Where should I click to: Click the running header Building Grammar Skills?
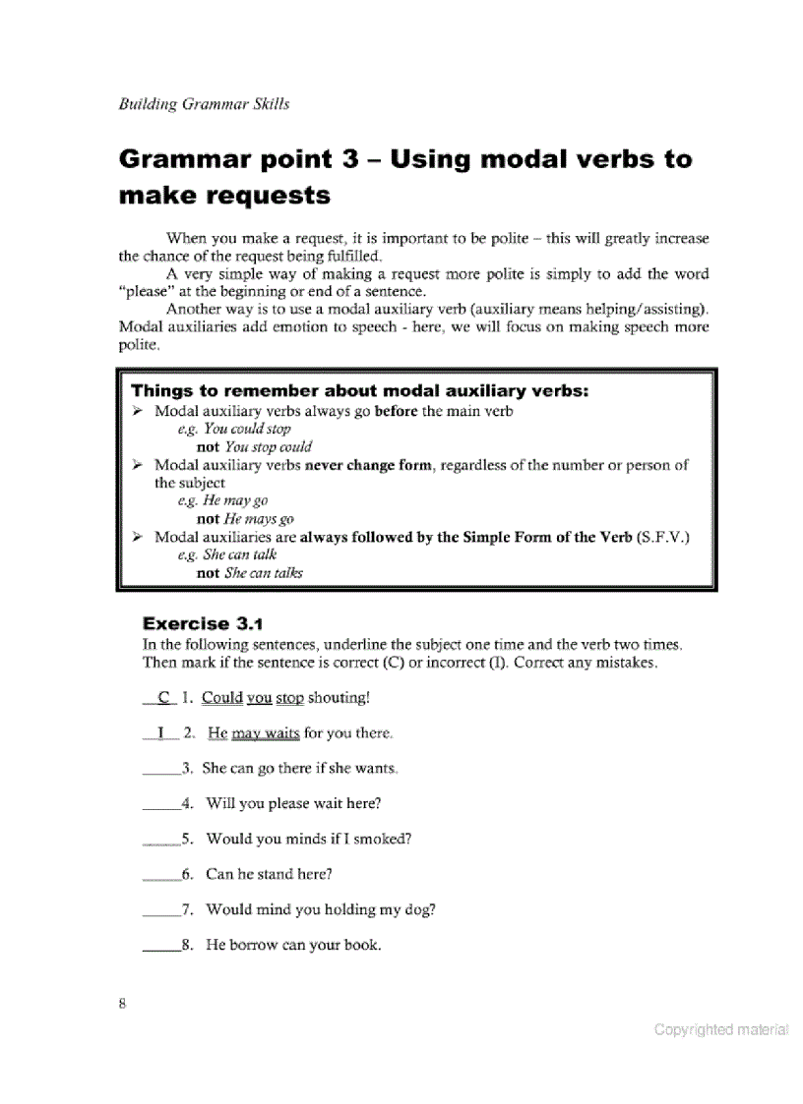[x=204, y=104]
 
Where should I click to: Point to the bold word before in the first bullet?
[x=397, y=411]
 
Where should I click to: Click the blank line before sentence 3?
[x=161, y=769]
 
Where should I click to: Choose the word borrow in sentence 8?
[x=253, y=945]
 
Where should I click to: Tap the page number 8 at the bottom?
[x=122, y=1004]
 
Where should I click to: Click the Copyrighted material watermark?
[x=720, y=1030]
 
